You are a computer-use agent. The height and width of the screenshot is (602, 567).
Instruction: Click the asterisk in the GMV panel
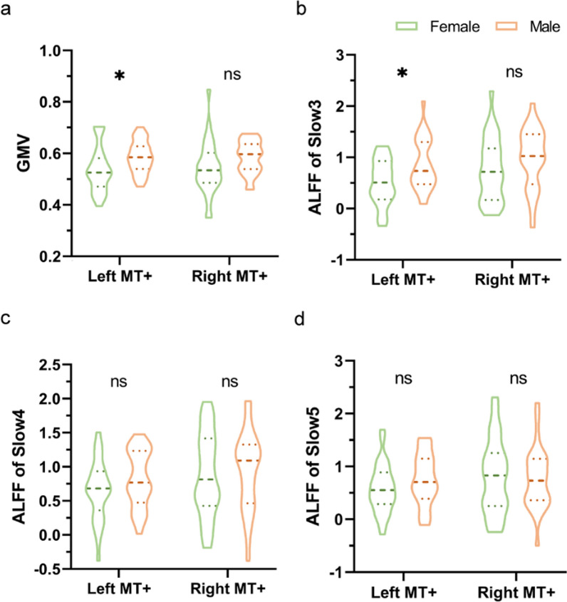coord(119,76)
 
